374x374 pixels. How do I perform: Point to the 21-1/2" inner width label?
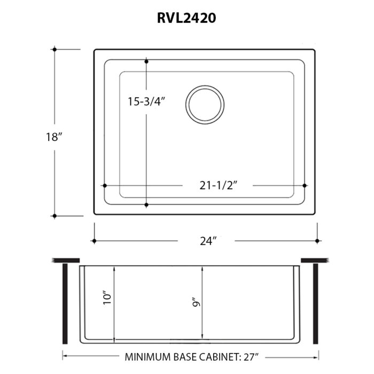click(x=219, y=185)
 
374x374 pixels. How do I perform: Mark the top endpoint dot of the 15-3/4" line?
click(x=146, y=62)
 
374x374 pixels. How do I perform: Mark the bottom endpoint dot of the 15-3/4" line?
click(x=146, y=204)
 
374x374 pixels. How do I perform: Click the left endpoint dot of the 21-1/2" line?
click(x=104, y=185)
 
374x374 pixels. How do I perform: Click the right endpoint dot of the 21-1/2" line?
click(x=304, y=185)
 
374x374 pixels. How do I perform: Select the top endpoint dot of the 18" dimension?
click(x=54, y=49)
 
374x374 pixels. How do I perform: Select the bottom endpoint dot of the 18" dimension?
click(x=54, y=216)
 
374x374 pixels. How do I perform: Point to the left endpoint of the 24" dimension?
click(x=95, y=241)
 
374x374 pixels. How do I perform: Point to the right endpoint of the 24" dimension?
click(x=318, y=241)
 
